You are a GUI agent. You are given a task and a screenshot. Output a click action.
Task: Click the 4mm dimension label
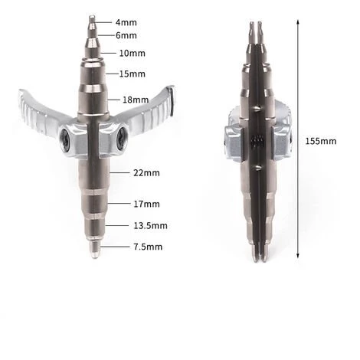click(x=126, y=22)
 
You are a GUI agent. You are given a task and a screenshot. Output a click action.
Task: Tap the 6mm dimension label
click(x=126, y=35)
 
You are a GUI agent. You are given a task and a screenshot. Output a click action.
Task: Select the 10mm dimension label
click(x=133, y=53)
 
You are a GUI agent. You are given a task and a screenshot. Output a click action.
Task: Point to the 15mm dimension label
click(x=133, y=74)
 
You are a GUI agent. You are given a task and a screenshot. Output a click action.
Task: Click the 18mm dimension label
click(x=136, y=100)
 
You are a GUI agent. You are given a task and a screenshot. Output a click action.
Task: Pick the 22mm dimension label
click(x=146, y=173)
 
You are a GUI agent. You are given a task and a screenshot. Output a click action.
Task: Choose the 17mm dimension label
click(x=146, y=204)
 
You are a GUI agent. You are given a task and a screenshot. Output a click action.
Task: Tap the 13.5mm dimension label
click(x=151, y=226)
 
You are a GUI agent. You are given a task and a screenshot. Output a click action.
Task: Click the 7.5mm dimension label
click(x=148, y=247)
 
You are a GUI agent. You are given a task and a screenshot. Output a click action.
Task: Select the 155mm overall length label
click(x=321, y=141)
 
